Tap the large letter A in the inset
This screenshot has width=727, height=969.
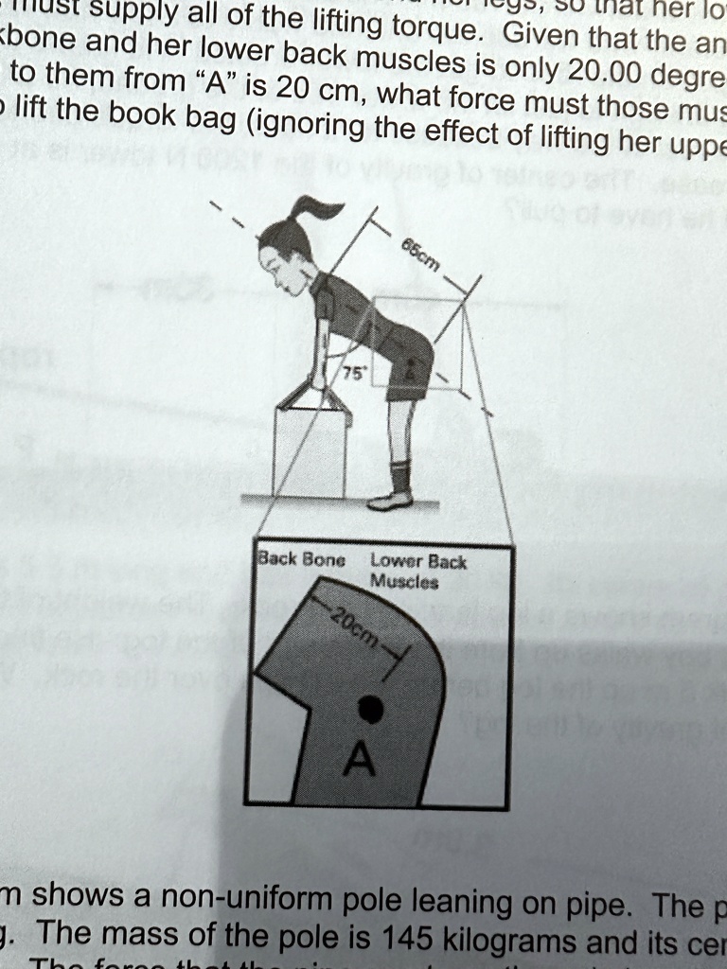361,758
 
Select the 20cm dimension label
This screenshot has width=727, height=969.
355,626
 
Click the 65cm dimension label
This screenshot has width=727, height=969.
420,255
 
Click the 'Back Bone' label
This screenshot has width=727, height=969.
301,560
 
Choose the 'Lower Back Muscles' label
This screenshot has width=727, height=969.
418,571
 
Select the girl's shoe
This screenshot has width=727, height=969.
390,501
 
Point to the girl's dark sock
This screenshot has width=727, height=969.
401,475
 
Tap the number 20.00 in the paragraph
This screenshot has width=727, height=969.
601,75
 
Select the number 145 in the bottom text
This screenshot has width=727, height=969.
400,942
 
